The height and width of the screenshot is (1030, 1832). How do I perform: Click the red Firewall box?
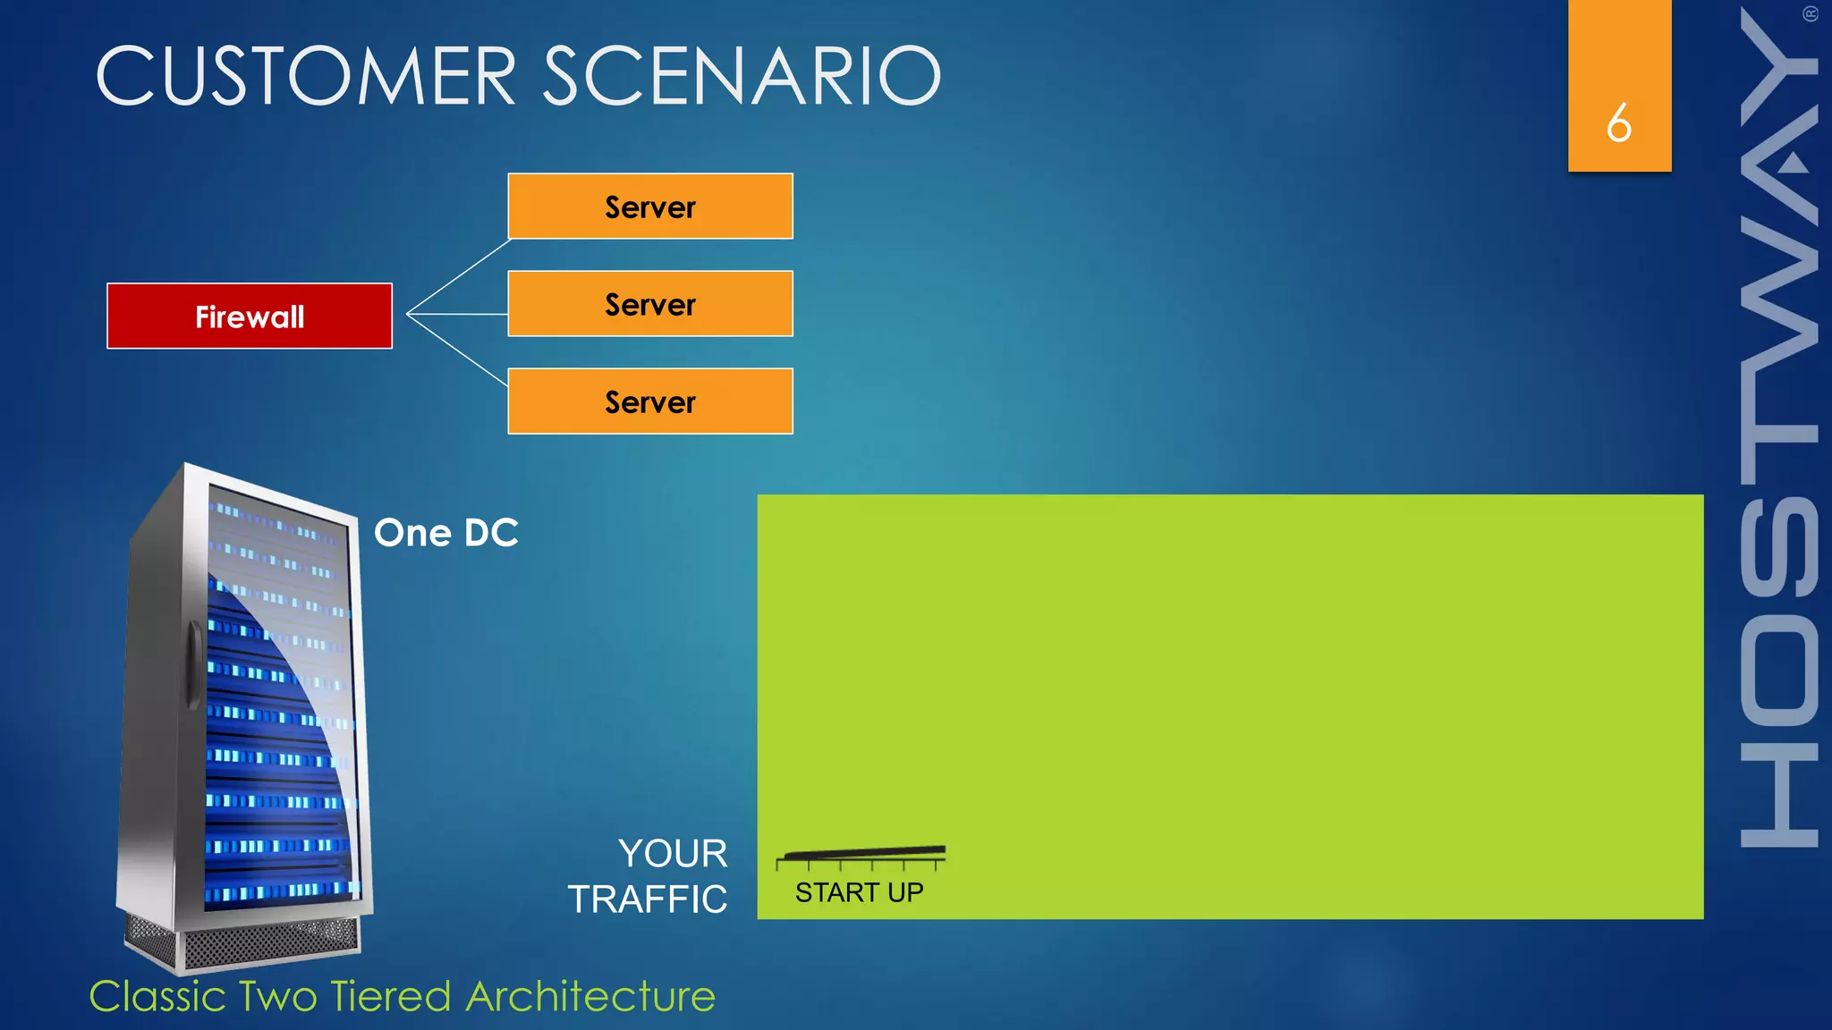(x=250, y=317)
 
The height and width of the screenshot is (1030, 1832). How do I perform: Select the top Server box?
(x=650, y=207)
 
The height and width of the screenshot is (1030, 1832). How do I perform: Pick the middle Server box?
(x=650, y=304)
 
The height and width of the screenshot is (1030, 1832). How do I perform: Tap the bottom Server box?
(x=650, y=401)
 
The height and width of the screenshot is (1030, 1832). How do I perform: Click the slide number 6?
(x=1619, y=122)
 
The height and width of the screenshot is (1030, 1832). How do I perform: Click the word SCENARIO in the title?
(x=742, y=76)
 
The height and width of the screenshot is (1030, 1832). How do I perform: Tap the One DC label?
(x=445, y=533)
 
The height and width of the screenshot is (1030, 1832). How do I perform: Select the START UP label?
(x=859, y=892)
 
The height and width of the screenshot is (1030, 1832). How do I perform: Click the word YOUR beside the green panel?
(x=673, y=853)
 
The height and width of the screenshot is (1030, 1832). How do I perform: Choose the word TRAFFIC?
(x=648, y=899)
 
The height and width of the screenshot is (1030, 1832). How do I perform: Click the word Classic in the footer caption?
(x=157, y=996)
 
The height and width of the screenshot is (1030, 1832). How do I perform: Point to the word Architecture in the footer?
(x=590, y=996)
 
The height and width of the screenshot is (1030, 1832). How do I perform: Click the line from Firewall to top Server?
(x=458, y=276)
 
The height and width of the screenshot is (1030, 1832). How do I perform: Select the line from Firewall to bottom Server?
(x=458, y=350)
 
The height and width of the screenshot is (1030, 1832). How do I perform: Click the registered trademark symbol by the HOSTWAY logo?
(x=1811, y=14)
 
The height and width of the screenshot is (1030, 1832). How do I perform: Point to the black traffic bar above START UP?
(x=863, y=852)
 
